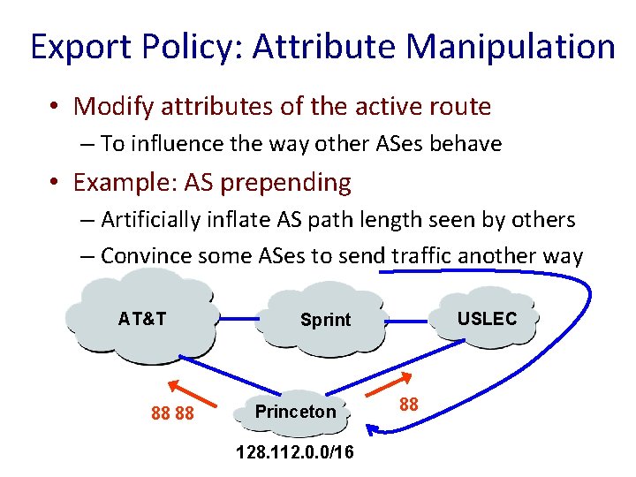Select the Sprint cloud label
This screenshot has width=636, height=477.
point(325,320)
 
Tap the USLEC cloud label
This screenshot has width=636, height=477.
point(487,319)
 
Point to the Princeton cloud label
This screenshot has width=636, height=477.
point(295,412)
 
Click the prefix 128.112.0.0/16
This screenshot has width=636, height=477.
point(295,452)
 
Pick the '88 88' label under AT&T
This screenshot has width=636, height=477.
point(173,413)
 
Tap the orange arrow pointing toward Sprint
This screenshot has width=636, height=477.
point(385,385)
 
